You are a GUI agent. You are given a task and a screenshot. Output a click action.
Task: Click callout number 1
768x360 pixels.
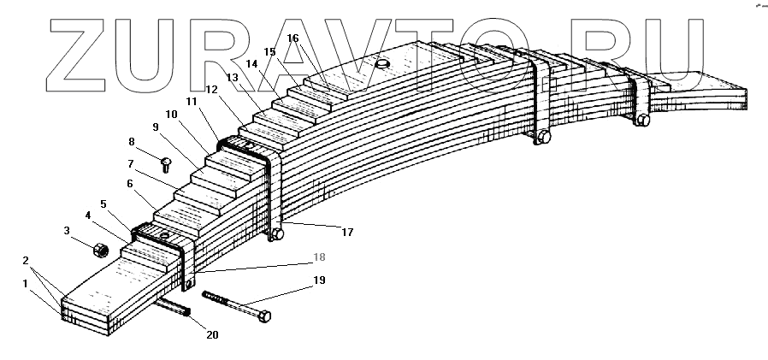point(25,283)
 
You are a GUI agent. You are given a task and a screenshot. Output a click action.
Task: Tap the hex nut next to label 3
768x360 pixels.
point(99,250)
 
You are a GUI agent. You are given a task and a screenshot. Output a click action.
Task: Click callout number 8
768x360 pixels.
point(132,141)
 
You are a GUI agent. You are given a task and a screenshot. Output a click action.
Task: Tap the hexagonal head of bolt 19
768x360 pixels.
point(264,316)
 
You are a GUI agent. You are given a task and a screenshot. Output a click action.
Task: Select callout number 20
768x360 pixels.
point(211,334)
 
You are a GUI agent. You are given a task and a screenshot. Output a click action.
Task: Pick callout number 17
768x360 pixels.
point(347,231)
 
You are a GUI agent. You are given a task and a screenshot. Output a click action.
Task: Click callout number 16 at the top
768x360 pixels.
point(293,38)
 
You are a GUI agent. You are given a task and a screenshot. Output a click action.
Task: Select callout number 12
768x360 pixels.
point(211,89)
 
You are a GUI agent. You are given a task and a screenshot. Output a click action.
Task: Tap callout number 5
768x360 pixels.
point(103,204)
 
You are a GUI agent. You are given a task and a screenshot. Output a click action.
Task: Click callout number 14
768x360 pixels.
point(252,64)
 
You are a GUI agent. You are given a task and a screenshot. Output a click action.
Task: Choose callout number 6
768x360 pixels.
point(129,183)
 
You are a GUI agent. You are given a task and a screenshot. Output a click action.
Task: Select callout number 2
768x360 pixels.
point(25,260)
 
